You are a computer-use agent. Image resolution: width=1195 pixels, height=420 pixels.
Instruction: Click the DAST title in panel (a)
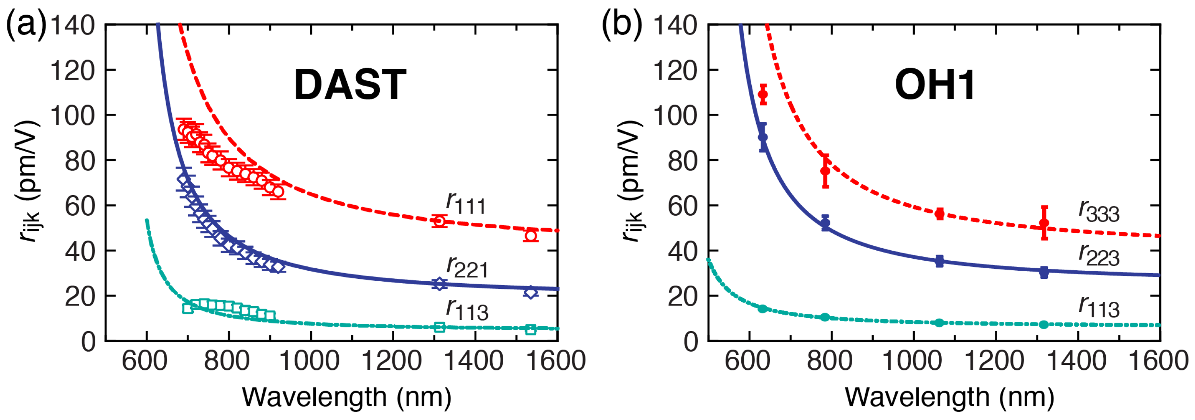click(350, 84)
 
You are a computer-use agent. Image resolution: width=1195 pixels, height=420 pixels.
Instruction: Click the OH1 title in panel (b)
click(935, 85)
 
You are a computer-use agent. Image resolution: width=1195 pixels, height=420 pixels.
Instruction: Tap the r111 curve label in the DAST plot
click(466, 203)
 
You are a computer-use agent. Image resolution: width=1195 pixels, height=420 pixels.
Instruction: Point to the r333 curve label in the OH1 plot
click(1098, 211)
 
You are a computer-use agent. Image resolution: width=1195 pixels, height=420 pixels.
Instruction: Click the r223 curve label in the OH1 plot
click(1098, 255)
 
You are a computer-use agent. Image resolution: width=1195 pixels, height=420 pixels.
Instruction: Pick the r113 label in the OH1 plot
click(1098, 307)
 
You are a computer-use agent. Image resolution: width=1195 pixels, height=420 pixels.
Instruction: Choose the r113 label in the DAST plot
click(467, 309)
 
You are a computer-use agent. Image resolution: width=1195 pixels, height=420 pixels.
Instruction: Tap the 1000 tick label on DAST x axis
click(310, 361)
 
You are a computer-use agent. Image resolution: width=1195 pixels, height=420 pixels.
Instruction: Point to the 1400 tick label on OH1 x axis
click(1077, 361)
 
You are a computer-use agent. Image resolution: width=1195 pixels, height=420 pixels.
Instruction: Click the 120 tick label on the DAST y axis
click(72, 70)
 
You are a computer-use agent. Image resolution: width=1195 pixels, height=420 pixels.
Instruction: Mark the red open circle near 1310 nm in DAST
click(439, 221)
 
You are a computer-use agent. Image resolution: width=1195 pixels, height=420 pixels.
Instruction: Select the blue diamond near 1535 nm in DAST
click(531, 292)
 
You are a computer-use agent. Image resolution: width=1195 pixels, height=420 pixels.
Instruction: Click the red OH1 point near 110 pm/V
click(763, 95)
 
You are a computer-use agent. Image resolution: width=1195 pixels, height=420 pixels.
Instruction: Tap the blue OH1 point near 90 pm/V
click(763, 137)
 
